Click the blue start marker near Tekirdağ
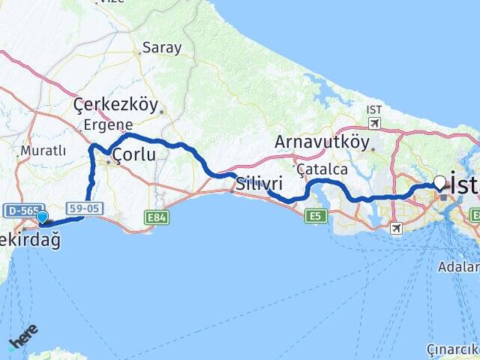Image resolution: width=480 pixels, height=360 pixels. pyautogui.click(x=43, y=217)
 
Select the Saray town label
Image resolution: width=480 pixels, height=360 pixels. pyautogui.click(x=162, y=47)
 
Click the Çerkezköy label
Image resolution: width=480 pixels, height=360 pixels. pyautogui.click(x=115, y=106)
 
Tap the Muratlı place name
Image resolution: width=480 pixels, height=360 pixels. pyautogui.click(x=43, y=151)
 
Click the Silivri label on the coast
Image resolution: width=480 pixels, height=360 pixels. pyautogui.click(x=259, y=183)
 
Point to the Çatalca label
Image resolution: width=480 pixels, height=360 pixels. pyautogui.click(x=322, y=169)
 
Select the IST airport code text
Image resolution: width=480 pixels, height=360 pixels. pyautogui.click(x=374, y=110)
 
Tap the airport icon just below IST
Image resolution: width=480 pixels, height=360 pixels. pyautogui.click(x=374, y=123)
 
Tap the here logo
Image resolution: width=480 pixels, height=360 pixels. pyautogui.click(x=23, y=338)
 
